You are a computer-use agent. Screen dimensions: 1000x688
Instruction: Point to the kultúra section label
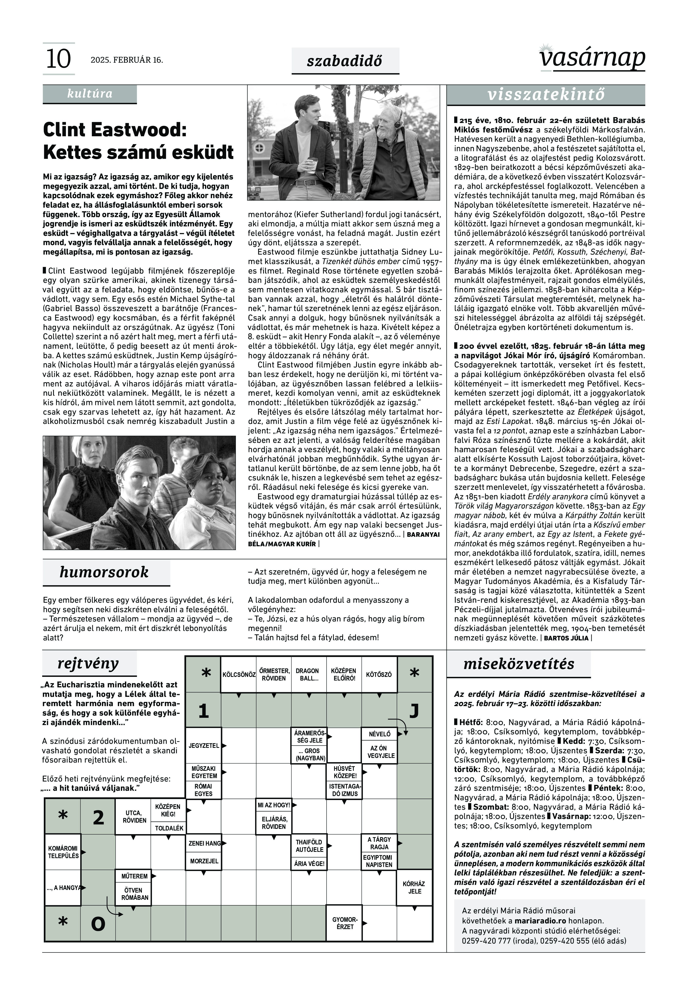[90, 94]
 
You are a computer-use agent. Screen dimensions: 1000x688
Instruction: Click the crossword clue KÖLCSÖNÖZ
[239, 675]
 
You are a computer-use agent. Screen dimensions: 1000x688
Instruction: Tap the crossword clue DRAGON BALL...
[307, 675]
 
